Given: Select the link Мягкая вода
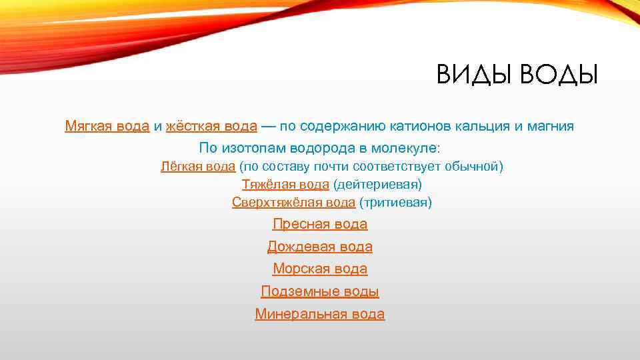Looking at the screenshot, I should coord(107,125).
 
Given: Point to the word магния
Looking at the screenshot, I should coord(550,125).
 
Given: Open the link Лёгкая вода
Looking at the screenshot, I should coord(198,167).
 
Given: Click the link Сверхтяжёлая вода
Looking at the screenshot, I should coord(293,202).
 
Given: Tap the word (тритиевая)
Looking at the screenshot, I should coord(395,202).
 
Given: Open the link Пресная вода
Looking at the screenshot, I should coord(320,225).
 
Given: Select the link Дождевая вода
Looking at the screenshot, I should coord(320,247).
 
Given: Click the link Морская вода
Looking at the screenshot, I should coord(320,269).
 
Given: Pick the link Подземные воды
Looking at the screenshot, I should coord(320,291).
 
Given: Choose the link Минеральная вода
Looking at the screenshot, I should coord(320,314).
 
